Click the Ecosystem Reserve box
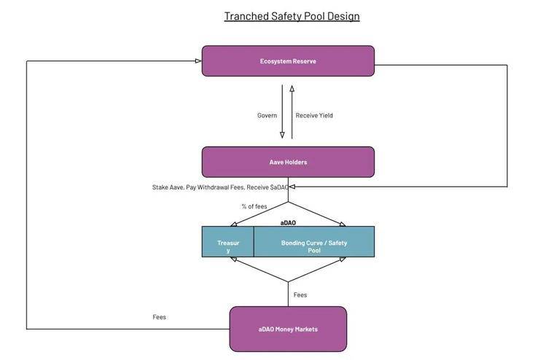tap(288, 60)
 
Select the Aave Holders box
tap(288, 163)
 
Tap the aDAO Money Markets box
tap(288, 329)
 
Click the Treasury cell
tap(228, 242)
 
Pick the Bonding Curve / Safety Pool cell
tap(314, 242)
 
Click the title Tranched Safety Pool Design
tap(292, 16)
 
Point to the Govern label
tap(267, 116)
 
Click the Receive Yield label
tap(314, 116)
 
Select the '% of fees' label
tap(254, 206)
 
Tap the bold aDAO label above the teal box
tap(288, 223)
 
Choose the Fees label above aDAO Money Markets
tap(300, 295)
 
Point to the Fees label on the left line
tap(160, 317)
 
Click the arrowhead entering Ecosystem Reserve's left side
tap(198, 60)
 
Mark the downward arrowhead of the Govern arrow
tap(282, 136)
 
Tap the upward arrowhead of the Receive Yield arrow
tap(292, 88)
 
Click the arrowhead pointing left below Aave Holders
tap(292, 187)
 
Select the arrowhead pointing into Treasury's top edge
tap(234, 224)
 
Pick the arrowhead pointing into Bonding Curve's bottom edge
tap(342, 259)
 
